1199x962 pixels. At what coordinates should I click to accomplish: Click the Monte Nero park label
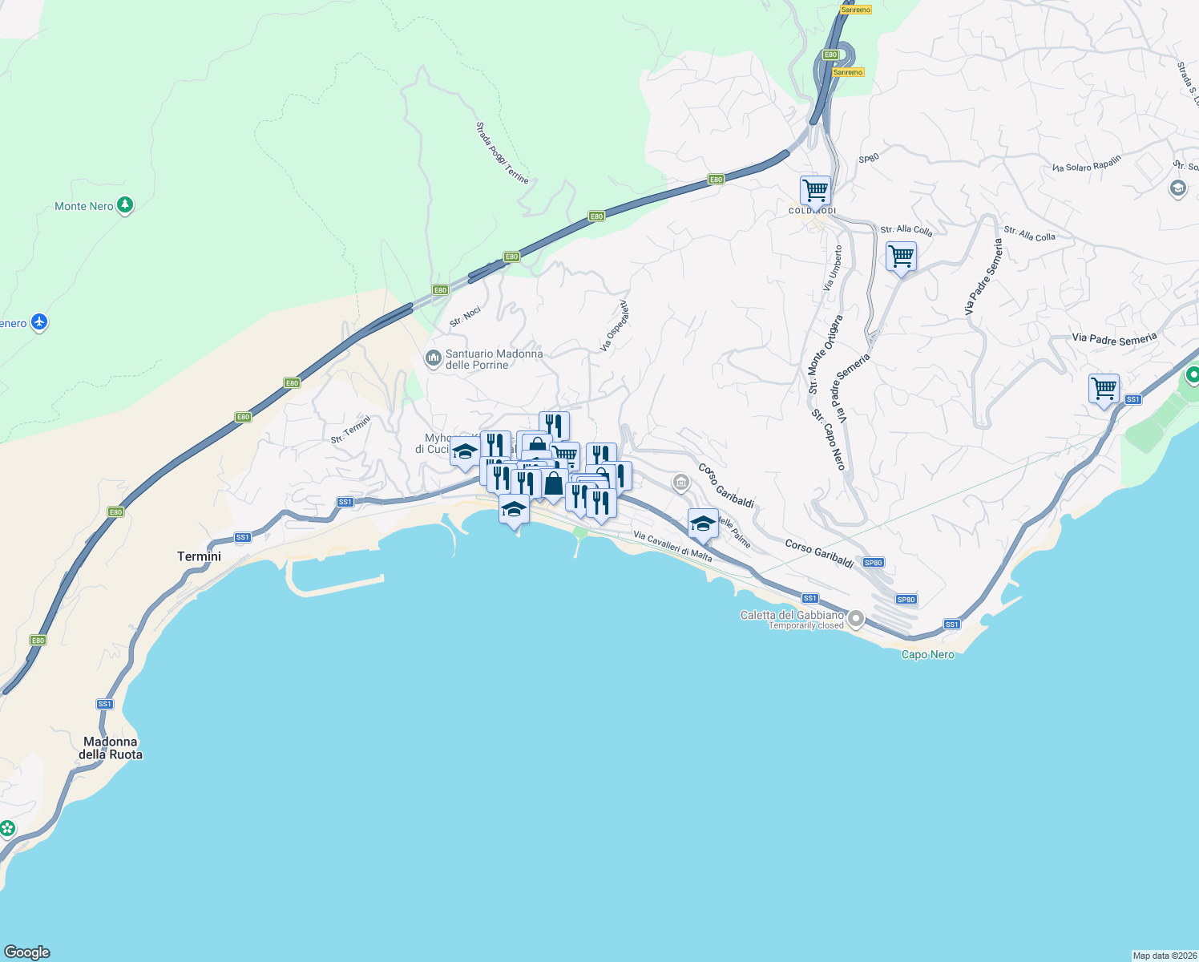click(84, 206)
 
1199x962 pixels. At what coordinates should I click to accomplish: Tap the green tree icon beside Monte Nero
click(125, 205)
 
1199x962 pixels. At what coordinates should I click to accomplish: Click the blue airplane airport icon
click(39, 323)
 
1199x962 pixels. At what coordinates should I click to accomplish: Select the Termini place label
click(199, 556)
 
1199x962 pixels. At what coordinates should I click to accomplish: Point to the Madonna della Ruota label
click(111, 748)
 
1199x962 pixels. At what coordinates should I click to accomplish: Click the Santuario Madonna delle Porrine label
click(494, 359)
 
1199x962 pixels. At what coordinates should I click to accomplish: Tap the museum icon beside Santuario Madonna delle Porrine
click(434, 358)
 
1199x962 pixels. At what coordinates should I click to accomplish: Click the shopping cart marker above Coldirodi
click(815, 192)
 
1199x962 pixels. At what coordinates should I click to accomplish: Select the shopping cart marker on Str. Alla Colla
click(902, 257)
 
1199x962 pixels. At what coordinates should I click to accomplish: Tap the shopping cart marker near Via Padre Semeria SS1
click(1104, 390)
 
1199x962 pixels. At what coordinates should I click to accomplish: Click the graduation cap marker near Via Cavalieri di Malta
click(703, 524)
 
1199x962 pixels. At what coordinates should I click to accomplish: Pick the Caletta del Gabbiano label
click(792, 615)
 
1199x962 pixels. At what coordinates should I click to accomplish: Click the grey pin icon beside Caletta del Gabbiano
click(856, 618)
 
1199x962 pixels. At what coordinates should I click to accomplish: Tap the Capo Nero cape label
click(928, 654)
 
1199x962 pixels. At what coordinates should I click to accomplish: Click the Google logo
click(27, 952)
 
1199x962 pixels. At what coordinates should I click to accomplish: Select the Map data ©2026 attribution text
click(1164, 956)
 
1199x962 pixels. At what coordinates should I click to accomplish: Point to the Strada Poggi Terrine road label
click(503, 152)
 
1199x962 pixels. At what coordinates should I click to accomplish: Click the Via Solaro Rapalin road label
click(1087, 164)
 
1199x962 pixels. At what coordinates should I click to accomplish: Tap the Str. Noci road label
click(466, 317)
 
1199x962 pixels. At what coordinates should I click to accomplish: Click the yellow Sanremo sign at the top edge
click(855, 10)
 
